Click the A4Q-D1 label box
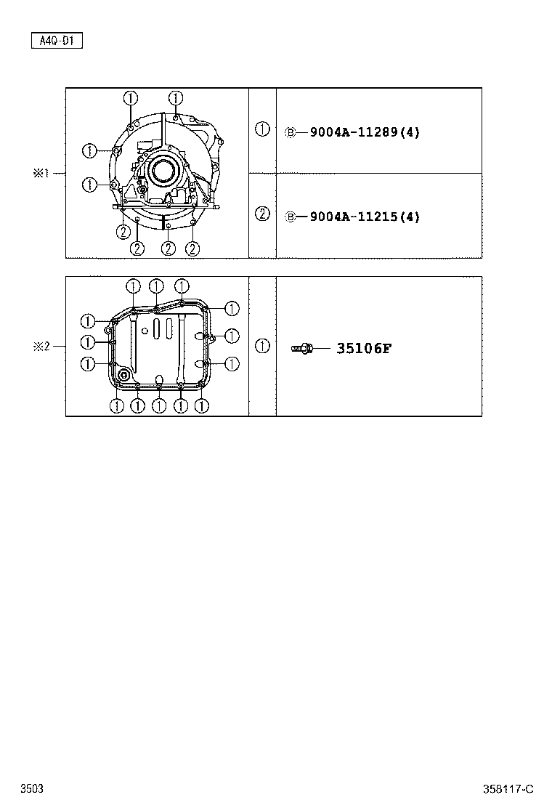57,40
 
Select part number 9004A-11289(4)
365,132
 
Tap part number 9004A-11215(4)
365,217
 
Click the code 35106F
364,348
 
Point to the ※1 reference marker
41,173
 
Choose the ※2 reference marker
41,347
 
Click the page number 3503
32,788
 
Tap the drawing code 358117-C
508,789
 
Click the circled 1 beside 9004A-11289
263,129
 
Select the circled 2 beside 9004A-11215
263,214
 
